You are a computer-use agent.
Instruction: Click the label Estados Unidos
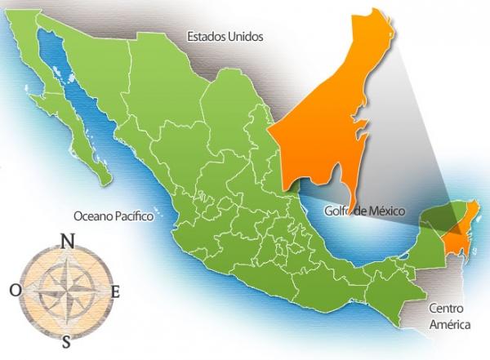[224, 36]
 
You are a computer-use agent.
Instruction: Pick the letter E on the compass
[115, 291]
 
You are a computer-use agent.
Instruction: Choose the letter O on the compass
[16, 290]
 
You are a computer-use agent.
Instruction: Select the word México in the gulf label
[384, 211]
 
